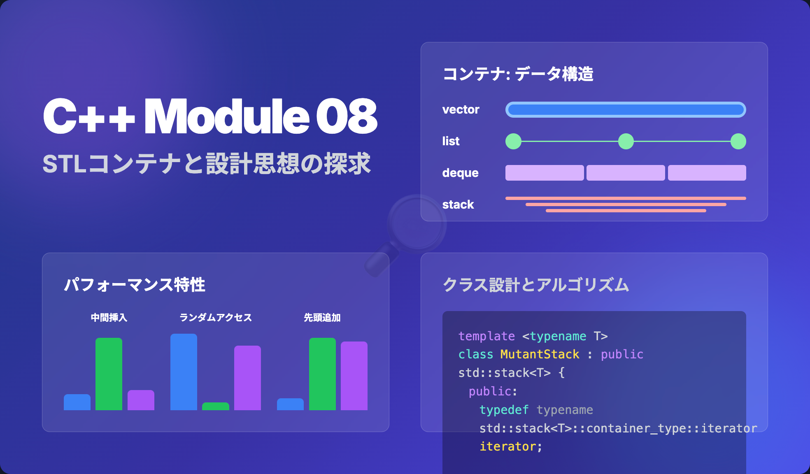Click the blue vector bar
pyautogui.click(x=626, y=110)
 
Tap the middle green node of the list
pyautogui.click(x=626, y=142)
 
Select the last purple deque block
pyautogui.click(x=707, y=173)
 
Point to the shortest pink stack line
pyautogui.click(x=626, y=211)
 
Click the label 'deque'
pyautogui.click(x=460, y=173)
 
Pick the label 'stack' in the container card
pyautogui.click(x=458, y=204)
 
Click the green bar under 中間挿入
pyautogui.click(x=109, y=374)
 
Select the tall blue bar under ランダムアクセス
pyautogui.click(x=184, y=372)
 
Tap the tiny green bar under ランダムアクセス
pyautogui.click(x=216, y=406)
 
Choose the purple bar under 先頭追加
pyautogui.click(x=354, y=376)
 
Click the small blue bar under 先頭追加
pyautogui.click(x=290, y=404)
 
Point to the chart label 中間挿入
pyautogui.click(x=109, y=318)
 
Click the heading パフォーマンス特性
pyautogui.click(x=135, y=285)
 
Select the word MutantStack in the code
pyautogui.click(x=540, y=354)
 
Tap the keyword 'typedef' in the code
pyautogui.click(x=504, y=410)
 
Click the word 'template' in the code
pyautogui.click(x=486, y=336)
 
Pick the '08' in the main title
pyautogui.click(x=346, y=116)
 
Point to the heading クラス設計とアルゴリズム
pyautogui.click(x=536, y=285)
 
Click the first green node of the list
pyautogui.click(x=513, y=142)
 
